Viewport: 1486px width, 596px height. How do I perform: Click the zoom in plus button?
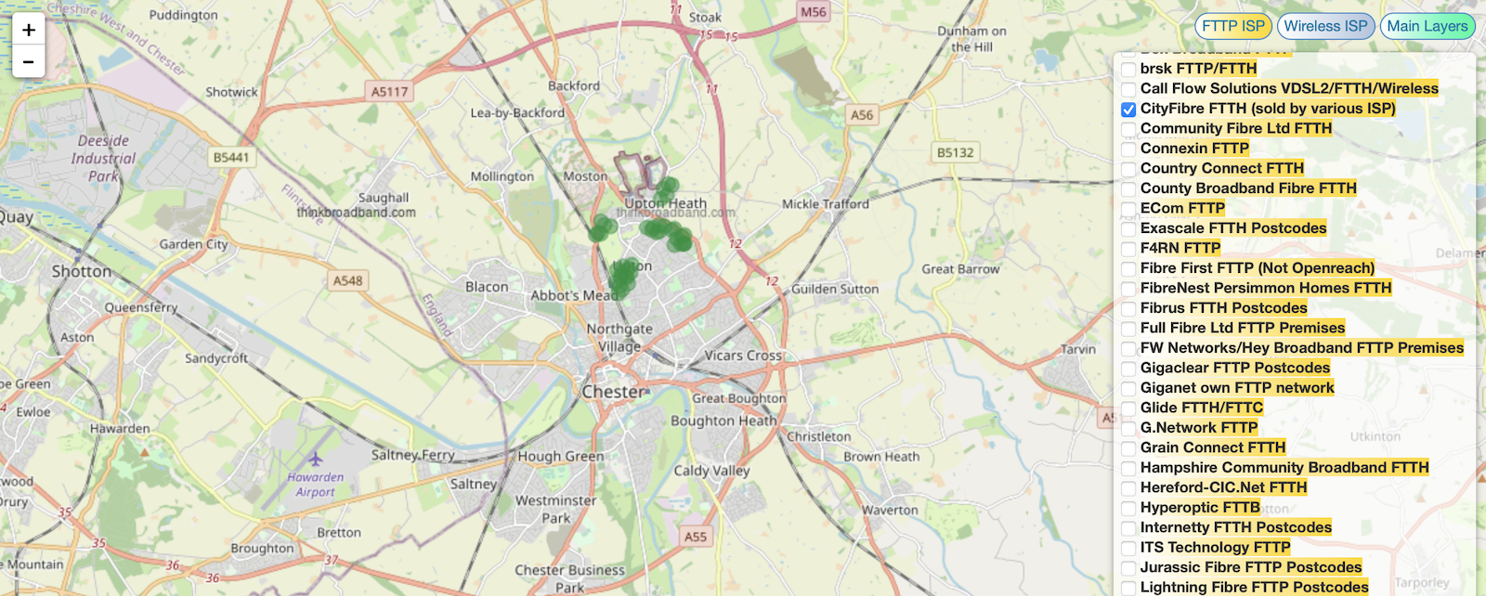(x=29, y=30)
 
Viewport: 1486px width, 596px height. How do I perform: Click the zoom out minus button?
(x=29, y=61)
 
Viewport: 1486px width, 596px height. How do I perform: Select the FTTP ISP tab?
(x=1232, y=26)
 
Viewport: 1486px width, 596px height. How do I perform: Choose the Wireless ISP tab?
(x=1325, y=26)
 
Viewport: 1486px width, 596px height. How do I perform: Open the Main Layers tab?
(x=1427, y=26)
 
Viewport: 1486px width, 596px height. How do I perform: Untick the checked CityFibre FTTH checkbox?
(x=1128, y=110)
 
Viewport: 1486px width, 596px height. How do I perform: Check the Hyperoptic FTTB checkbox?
(x=1128, y=509)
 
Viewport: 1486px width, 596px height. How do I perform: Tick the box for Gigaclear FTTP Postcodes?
(x=1128, y=369)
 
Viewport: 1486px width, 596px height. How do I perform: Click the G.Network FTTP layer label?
(x=1198, y=428)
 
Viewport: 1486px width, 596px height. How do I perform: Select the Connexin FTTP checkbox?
(x=1128, y=149)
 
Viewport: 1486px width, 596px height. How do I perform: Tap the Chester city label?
(x=612, y=392)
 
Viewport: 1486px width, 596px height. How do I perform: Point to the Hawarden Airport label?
(x=316, y=484)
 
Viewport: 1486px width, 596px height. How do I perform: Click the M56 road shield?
(x=814, y=12)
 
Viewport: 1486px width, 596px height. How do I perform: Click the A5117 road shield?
(x=389, y=91)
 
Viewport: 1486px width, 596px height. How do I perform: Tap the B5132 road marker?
(x=955, y=152)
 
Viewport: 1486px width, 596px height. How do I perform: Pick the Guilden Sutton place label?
(x=834, y=289)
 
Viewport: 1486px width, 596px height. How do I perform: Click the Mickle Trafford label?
(x=825, y=204)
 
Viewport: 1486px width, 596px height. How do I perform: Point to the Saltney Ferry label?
(x=412, y=455)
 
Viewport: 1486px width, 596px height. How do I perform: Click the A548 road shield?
(x=348, y=280)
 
